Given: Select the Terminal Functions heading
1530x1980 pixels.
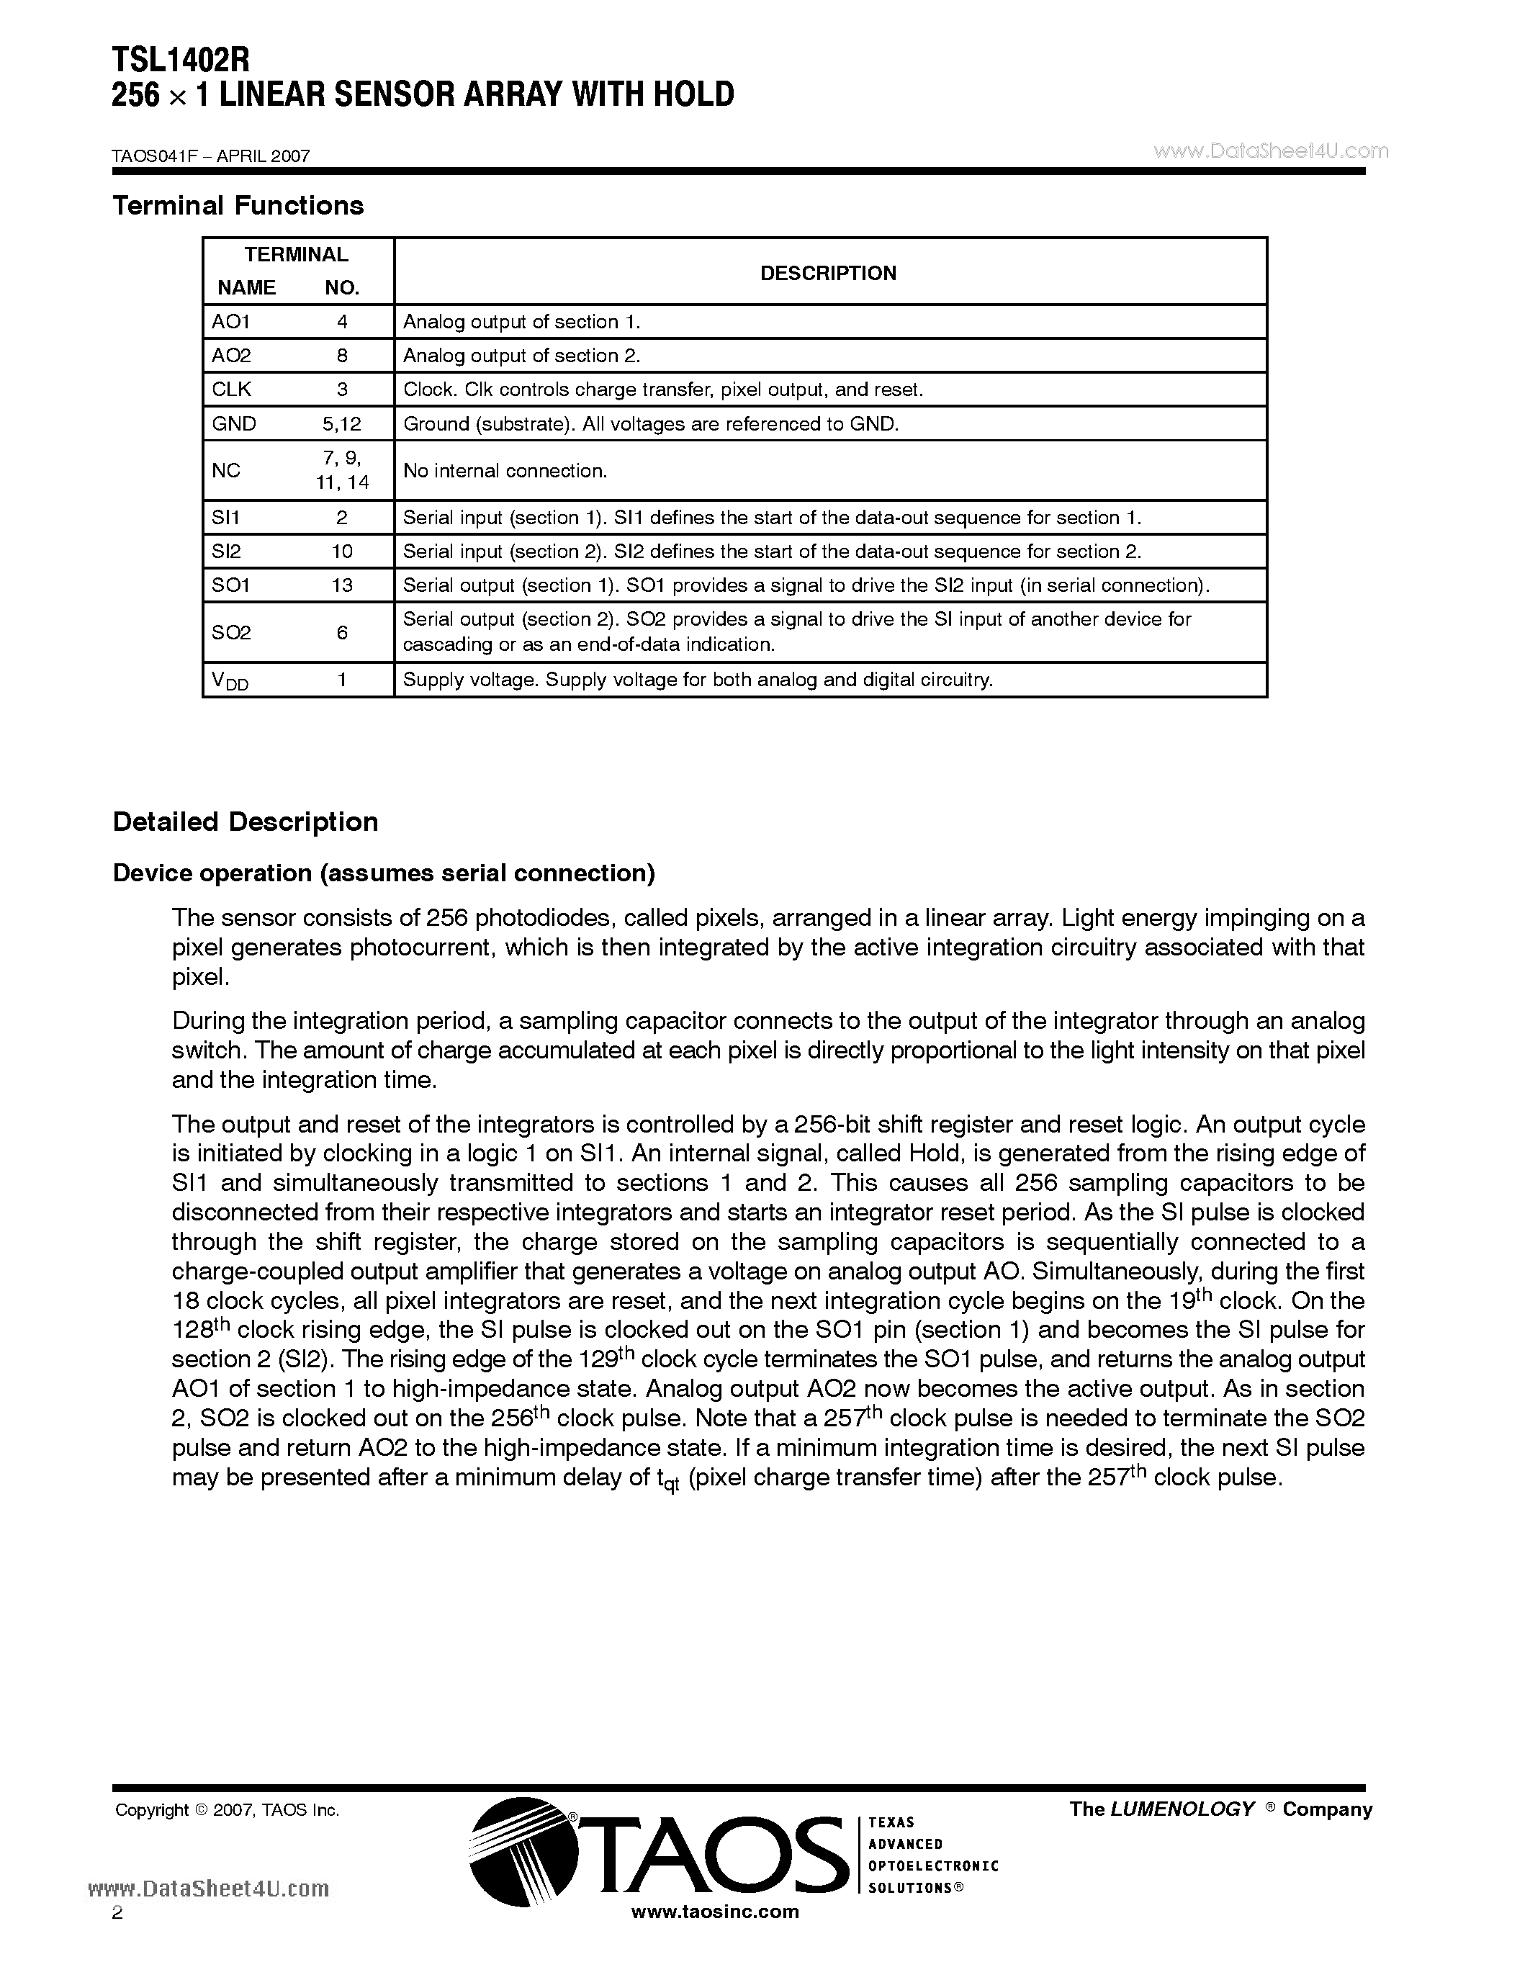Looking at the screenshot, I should point(238,206).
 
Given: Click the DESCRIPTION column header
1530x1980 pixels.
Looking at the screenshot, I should point(827,273).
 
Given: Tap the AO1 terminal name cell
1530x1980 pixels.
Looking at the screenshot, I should point(230,322).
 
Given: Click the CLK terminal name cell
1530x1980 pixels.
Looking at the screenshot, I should point(231,389).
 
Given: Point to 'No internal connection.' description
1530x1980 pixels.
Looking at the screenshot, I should point(505,471).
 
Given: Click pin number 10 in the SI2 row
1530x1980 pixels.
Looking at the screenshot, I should point(342,552).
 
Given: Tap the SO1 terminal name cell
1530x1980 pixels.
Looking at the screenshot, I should point(230,585).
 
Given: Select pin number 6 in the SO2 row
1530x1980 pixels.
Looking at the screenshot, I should point(342,632).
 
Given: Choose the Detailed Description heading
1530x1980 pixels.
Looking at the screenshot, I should point(245,822).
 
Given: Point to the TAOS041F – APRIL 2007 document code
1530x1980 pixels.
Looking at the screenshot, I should point(210,156).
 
